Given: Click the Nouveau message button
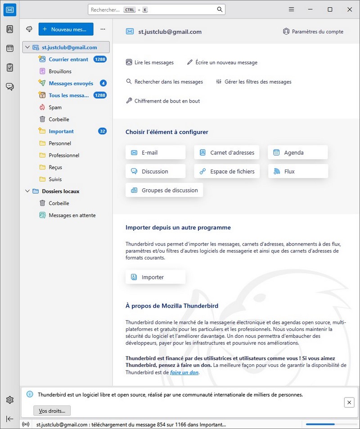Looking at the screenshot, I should coord(66,29).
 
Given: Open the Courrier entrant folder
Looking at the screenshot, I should coord(68,59).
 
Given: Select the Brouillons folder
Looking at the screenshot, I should coord(60,71).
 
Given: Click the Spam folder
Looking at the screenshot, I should coord(55,107).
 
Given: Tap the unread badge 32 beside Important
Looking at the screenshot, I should coord(102,131).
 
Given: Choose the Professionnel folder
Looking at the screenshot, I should coord(64,155).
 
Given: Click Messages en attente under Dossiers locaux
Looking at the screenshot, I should coord(72,215).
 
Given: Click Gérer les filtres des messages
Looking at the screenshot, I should coord(254,82).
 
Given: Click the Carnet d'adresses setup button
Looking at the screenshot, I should coord(227,152).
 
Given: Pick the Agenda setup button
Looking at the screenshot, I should coord(297,152).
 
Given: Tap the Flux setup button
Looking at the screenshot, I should coord(297,171).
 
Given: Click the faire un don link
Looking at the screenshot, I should coord(184,372).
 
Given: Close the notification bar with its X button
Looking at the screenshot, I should coord(349,402).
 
